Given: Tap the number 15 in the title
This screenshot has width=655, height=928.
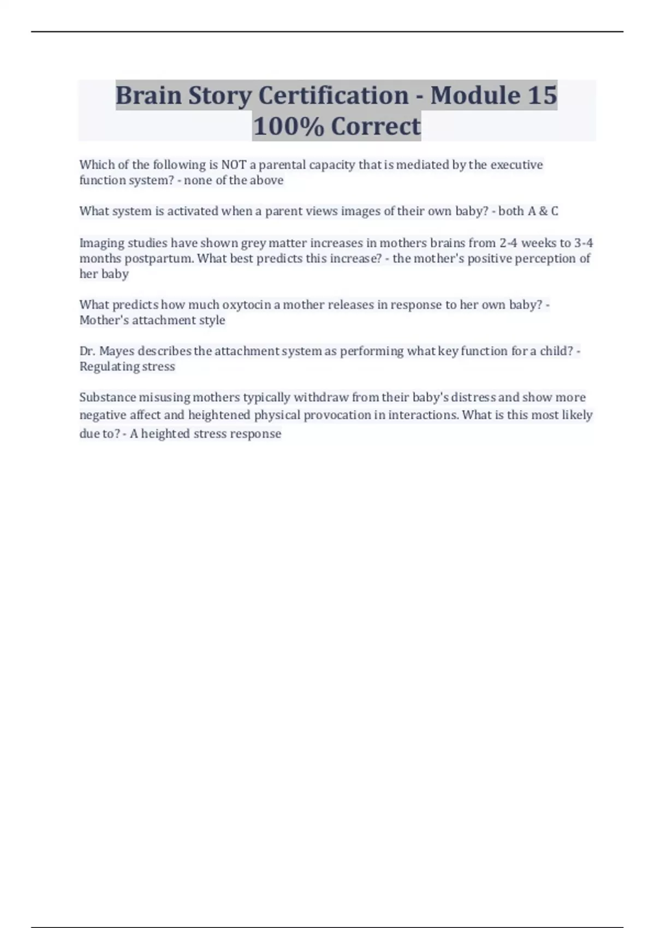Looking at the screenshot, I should point(542,96).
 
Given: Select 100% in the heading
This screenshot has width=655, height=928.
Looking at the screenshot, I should point(288,126).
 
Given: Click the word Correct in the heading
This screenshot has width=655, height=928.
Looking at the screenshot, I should point(376,126).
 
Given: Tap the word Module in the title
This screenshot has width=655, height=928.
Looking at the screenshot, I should point(475,96).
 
